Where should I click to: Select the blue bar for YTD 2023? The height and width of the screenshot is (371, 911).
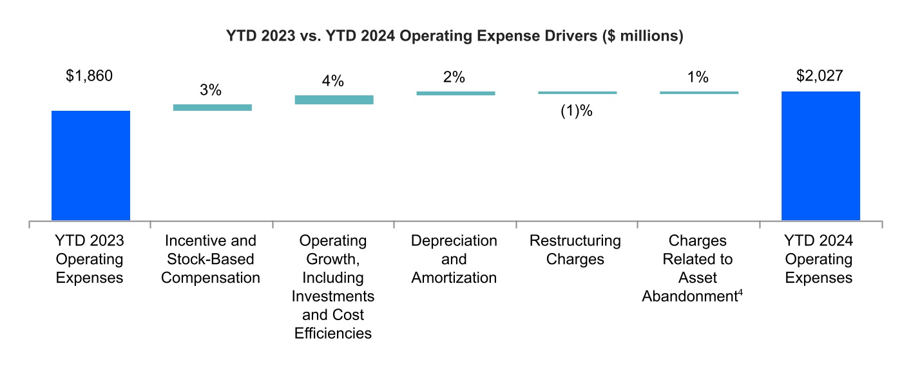pyautogui.click(x=90, y=166)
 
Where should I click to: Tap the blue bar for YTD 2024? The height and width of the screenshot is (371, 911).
pyautogui.click(x=820, y=156)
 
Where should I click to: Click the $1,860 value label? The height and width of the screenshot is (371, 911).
pyautogui.click(x=90, y=76)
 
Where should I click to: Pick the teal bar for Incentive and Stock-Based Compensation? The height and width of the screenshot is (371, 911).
pyautogui.click(x=212, y=108)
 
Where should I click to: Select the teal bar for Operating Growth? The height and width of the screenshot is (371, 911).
pyautogui.click(x=334, y=100)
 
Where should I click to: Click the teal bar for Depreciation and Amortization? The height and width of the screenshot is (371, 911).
pyautogui.click(x=455, y=93)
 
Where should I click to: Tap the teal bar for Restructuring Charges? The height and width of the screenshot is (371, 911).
pyautogui.click(x=577, y=93)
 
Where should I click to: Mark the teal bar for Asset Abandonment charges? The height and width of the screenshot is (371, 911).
pyautogui.click(x=698, y=93)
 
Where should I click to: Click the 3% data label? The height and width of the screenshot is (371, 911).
pyautogui.click(x=211, y=90)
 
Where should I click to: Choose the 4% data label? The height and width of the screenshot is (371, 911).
pyautogui.click(x=332, y=82)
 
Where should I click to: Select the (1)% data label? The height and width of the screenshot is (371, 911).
pyautogui.click(x=576, y=110)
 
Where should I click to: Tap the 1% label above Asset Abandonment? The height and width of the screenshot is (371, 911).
pyautogui.click(x=698, y=77)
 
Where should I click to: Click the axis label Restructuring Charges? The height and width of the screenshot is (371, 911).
pyautogui.click(x=575, y=250)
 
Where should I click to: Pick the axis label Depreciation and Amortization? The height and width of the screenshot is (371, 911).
pyautogui.click(x=454, y=259)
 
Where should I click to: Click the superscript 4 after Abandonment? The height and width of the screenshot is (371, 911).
pyautogui.click(x=742, y=293)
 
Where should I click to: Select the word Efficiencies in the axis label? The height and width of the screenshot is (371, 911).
pyautogui.click(x=333, y=334)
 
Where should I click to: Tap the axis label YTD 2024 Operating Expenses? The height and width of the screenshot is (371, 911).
pyautogui.click(x=819, y=259)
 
